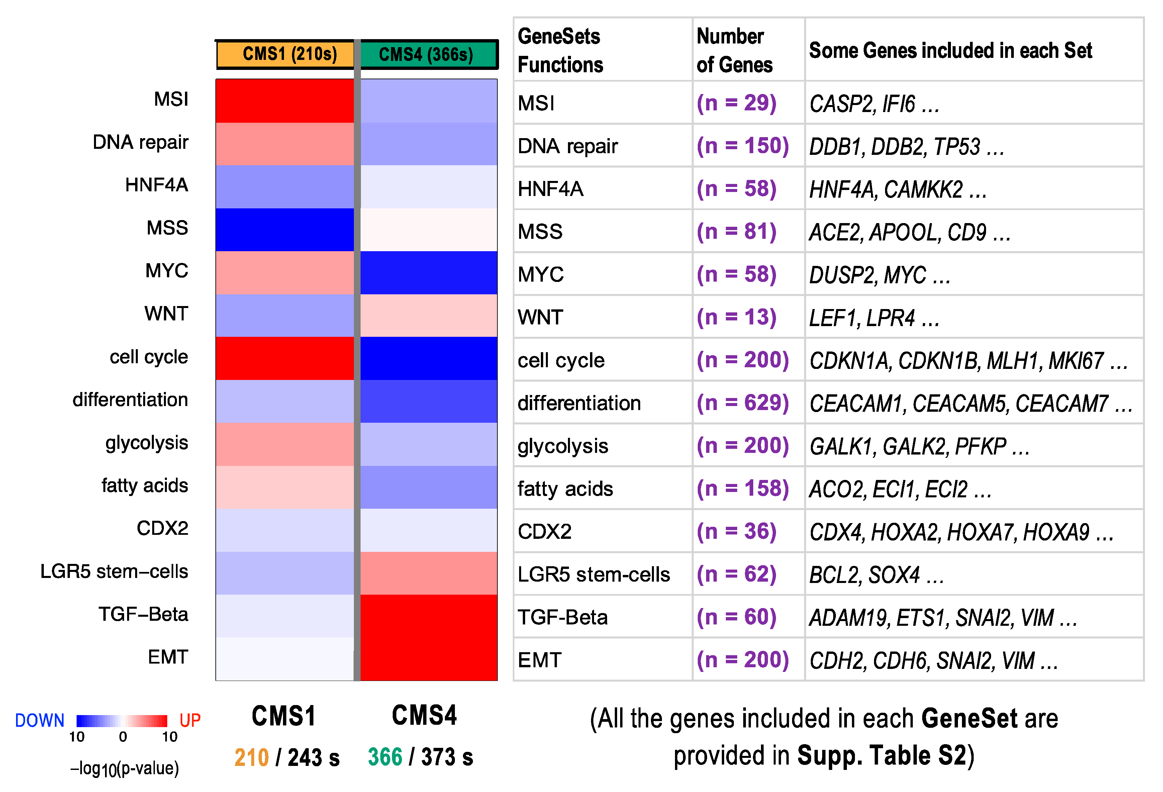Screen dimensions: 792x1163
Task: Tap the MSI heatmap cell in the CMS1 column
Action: click(x=284, y=101)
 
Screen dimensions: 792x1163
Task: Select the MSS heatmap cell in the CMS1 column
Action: click(x=284, y=230)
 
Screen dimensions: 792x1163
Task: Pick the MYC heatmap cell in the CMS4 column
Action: click(x=428, y=273)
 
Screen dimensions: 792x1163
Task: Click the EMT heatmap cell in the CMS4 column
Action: click(x=428, y=659)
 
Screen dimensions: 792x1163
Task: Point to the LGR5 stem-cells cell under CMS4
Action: click(x=428, y=573)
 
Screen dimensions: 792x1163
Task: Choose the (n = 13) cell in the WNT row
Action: click(x=736, y=317)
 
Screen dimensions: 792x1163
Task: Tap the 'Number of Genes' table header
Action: click(x=734, y=50)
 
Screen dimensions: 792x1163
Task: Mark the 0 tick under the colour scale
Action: click(x=123, y=737)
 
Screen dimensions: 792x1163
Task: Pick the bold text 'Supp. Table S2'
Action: click(x=881, y=756)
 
